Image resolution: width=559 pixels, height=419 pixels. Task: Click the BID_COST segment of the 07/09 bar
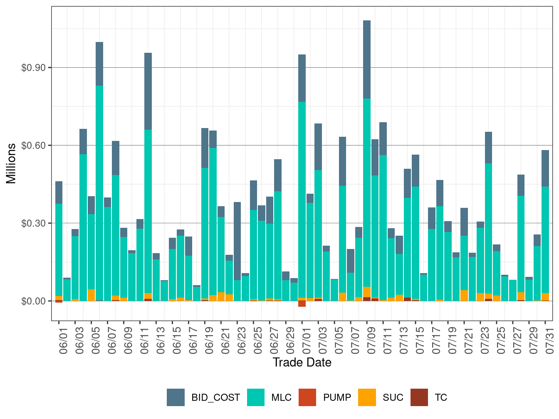click(367, 59)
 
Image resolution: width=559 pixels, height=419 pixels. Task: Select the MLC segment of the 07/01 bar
click(302, 200)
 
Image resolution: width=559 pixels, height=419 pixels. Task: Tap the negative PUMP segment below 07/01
click(302, 304)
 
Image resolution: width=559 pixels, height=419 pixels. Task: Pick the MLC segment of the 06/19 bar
click(205, 233)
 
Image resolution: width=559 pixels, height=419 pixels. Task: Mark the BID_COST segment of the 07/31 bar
click(545, 168)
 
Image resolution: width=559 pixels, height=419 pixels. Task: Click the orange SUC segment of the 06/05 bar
click(91, 295)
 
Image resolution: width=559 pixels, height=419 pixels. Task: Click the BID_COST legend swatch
click(176, 397)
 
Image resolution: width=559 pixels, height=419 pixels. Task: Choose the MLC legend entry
click(256, 397)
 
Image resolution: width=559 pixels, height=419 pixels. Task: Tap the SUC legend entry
click(367, 397)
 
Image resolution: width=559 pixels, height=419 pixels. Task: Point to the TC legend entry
click(419, 397)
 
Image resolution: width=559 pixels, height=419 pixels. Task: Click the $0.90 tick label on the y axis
click(33, 68)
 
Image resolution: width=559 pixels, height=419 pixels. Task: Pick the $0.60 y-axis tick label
click(33, 145)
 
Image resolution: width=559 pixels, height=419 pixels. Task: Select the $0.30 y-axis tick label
click(33, 223)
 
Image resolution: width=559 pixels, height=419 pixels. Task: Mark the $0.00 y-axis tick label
click(33, 301)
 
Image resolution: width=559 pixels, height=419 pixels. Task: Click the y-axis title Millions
click(11, 163)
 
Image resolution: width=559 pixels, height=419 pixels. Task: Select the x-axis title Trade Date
click(302, 362)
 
